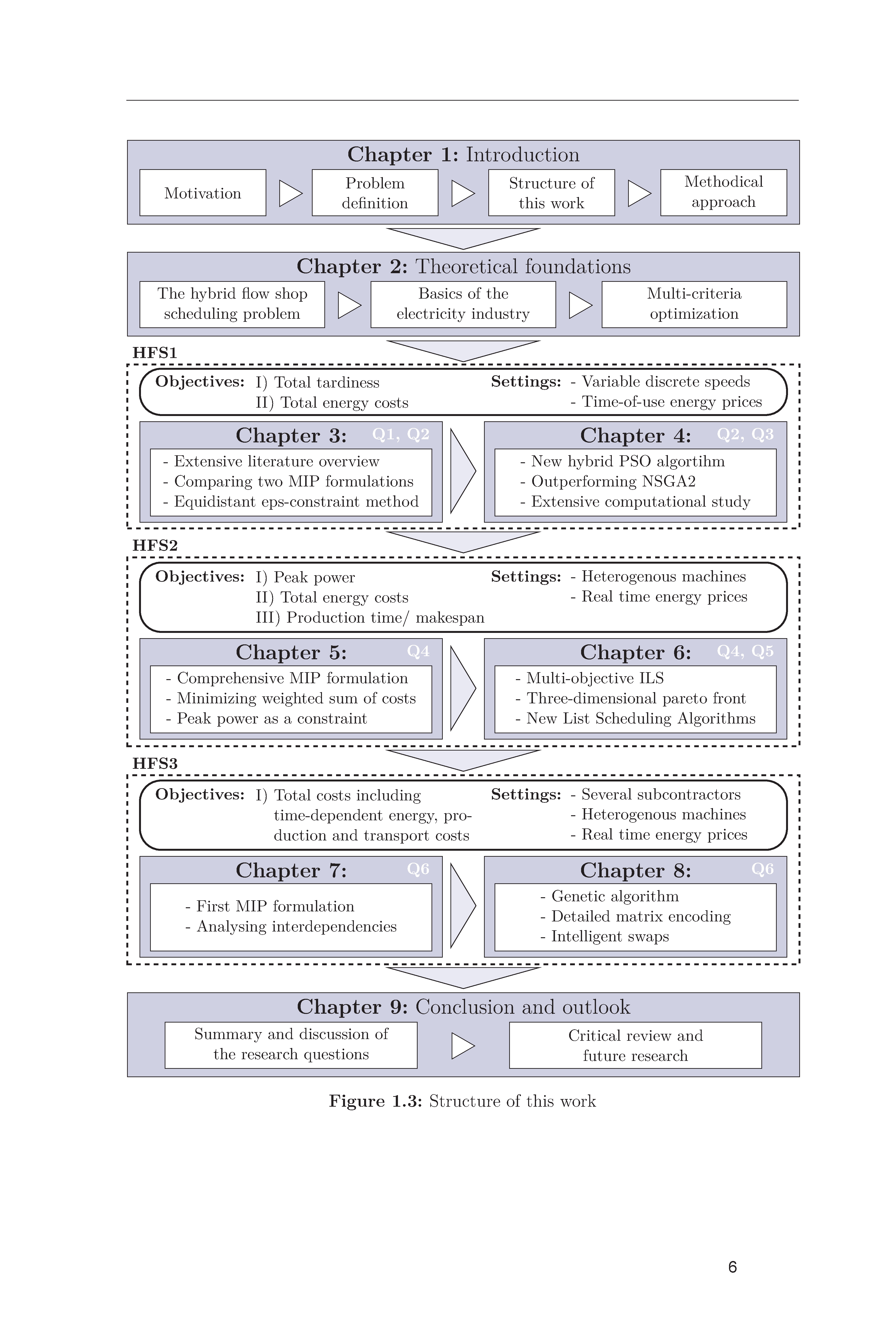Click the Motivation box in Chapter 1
tap(203, 193)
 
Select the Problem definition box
tap(375, 193)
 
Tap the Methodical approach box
tap(724, 193)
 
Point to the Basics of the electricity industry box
tap(463, 304)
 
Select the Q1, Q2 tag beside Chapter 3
tap(401, 434)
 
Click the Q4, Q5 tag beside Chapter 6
tap(745, 651)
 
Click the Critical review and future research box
tap(636, 1045)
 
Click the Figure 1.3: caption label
tap(375, 1101)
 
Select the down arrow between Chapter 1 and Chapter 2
tap(463, 238)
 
